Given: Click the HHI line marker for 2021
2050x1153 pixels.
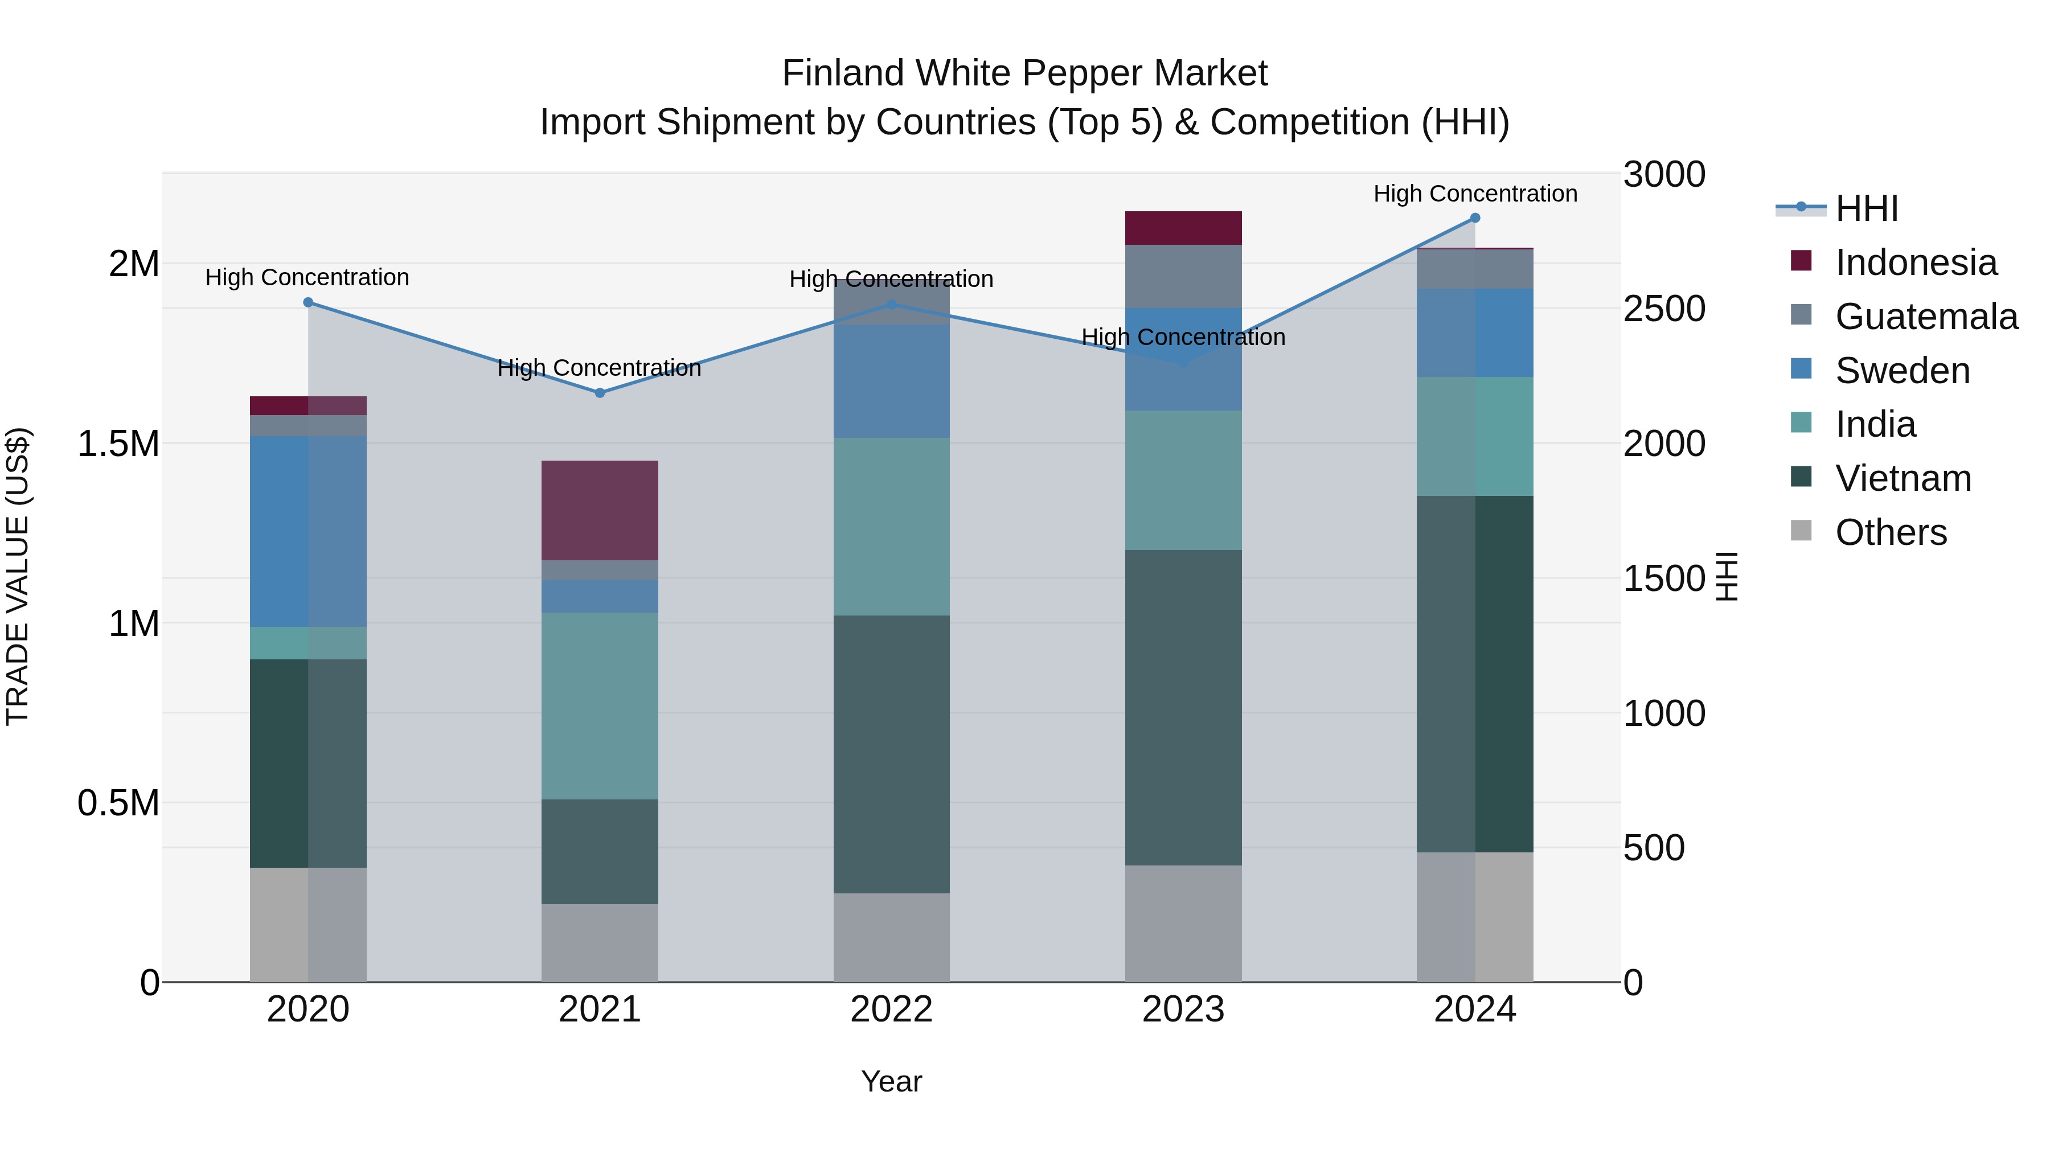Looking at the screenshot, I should coord(600,392).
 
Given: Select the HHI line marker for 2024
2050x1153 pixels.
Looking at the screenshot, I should coord(1475,218).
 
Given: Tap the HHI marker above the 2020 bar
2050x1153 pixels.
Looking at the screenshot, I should coord(308,302).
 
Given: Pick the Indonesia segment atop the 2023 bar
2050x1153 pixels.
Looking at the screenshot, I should coord(1183,228).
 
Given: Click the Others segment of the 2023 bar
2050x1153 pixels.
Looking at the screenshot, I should coord(1183,923).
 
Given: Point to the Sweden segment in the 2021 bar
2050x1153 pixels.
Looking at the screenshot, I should coord(600,596).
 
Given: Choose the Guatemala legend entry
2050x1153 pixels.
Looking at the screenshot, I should coord(1926,317).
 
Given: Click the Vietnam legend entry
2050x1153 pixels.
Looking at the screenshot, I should coord(1903,478).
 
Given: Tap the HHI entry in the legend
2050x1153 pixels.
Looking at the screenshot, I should coord(1866,208).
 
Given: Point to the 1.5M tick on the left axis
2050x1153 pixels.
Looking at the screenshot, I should coord(118,443).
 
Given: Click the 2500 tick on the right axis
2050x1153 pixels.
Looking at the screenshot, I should coord(1664,309).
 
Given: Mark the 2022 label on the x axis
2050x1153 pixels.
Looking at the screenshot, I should coord(891,1010).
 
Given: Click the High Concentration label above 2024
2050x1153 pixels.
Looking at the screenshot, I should coord(1475,194).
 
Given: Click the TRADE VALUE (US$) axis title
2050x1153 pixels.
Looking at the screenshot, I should coord(18,577).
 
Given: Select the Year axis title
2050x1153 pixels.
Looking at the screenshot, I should coord(891,1081).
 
